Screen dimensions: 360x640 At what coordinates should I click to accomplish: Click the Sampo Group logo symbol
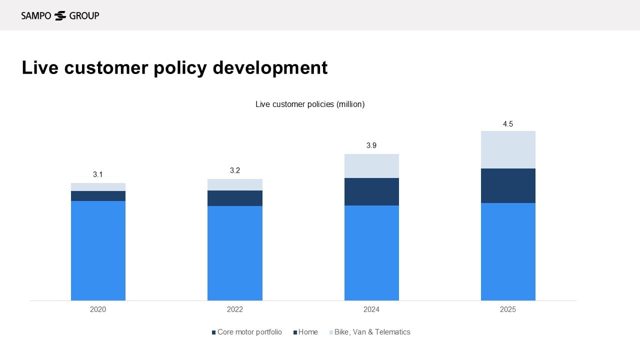pos(60,15)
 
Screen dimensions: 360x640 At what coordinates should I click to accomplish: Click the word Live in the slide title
pos(40,67)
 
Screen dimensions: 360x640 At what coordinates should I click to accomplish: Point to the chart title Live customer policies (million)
pos(310,104)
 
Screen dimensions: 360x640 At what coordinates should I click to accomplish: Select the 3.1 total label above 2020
pos(98,174)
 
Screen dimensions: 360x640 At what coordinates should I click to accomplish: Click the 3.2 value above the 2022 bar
pos(235,170)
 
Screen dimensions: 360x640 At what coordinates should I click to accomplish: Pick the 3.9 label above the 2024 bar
pos(371,145)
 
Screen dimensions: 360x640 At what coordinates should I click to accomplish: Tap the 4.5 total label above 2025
pos(508,124)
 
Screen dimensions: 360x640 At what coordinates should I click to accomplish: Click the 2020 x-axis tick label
pos(98,309)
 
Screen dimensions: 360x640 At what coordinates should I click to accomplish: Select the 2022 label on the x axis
pos(235,309)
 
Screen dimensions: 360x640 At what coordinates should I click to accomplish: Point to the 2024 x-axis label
pos(371,309)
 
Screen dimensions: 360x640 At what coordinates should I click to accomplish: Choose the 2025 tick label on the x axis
pos(508,309)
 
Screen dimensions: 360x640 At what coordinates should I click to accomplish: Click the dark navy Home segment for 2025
pos(508,185)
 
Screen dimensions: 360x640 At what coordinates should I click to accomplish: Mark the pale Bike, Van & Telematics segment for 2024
pos(371,166)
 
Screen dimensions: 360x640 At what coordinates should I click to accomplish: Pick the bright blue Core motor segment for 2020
pos(98,250)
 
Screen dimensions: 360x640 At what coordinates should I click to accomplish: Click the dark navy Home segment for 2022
pos(235,198)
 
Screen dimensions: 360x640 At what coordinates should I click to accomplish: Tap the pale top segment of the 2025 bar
pos(508,149)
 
